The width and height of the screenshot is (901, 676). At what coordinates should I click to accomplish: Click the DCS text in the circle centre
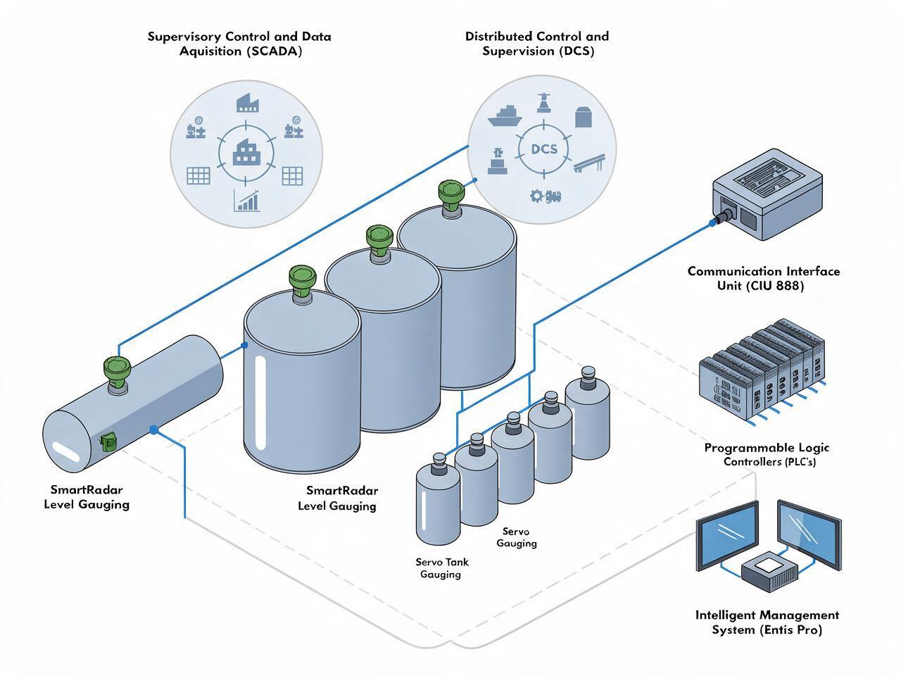(544, 149)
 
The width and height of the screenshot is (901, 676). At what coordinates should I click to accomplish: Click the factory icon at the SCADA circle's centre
(246, 152)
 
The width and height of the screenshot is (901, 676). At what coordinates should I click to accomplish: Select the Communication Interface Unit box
(767, 194)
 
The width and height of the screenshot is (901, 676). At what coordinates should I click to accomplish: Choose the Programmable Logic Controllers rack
(762, 370)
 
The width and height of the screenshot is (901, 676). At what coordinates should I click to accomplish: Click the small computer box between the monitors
(769, 572)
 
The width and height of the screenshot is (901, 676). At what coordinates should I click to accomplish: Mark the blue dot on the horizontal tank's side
(154, 430)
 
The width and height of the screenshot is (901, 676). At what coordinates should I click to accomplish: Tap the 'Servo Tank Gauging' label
(441, 568)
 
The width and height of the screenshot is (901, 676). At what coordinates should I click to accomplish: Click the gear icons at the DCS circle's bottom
(546, 196)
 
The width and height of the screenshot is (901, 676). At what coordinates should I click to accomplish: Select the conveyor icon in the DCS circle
(589, 163)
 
